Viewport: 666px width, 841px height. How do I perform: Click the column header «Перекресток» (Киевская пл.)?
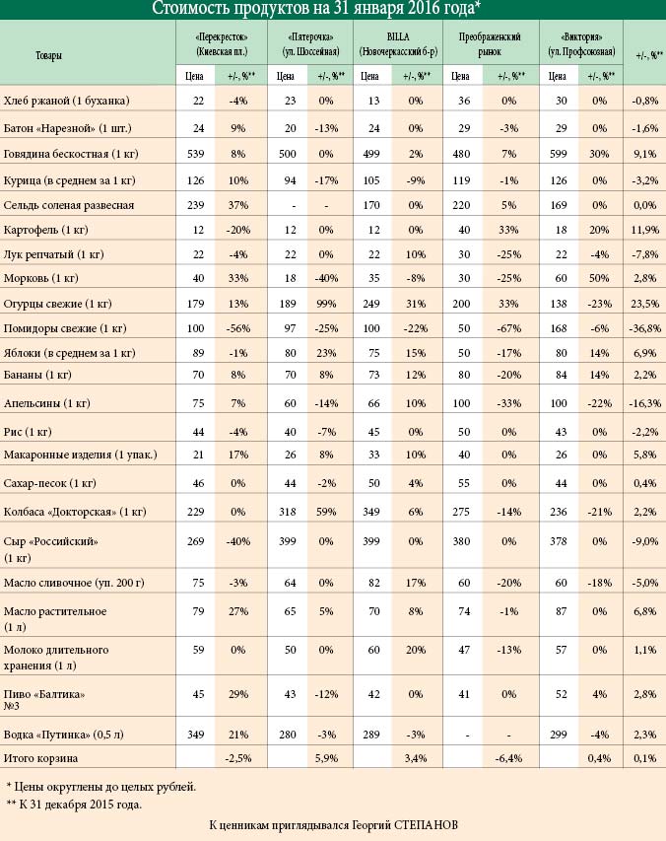pos(222,44)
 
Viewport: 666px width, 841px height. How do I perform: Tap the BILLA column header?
pos(398,44)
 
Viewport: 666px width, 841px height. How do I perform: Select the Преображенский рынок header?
pos(490,44)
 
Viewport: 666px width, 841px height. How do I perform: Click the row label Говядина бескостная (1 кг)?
pos(71,155)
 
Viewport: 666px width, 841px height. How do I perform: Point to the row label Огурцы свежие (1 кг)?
pos(58,304)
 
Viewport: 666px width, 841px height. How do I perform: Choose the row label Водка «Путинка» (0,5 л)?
pos(64,735)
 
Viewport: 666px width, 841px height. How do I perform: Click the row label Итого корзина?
pos(40,758)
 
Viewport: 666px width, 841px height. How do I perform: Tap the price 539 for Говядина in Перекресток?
pos(196,154)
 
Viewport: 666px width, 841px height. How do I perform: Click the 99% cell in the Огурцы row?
pos(326,304)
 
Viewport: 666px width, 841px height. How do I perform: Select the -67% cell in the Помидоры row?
pos(508,328)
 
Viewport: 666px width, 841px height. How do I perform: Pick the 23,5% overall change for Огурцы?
pos(644,304)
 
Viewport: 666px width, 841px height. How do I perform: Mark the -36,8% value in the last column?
pos(644,328)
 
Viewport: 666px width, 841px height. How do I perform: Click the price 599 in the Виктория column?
pos(559,154)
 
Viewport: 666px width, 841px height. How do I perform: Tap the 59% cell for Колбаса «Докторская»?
pos(326,512)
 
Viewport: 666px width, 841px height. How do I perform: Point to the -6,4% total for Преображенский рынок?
pos(508,758)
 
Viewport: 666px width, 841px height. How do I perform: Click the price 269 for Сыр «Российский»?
pos(196,541)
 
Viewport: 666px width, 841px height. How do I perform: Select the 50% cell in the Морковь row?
pos(599,278)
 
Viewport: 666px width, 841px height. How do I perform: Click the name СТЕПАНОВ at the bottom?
pos(426,825)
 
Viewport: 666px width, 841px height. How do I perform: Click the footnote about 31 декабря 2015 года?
pos(74,805)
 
